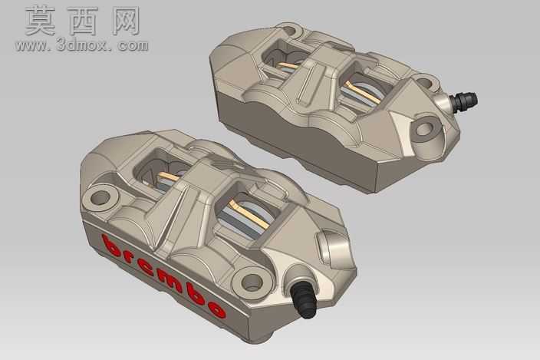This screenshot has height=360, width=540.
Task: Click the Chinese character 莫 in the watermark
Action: [40, 21]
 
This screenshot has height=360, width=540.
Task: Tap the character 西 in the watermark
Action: [84, 21]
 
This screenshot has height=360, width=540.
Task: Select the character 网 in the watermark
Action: [126, 21]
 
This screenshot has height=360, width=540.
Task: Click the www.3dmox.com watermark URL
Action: [81, 45]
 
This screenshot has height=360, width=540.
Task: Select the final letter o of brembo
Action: [216, 309]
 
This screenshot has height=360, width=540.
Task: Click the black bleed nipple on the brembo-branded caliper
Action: [304, 299]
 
